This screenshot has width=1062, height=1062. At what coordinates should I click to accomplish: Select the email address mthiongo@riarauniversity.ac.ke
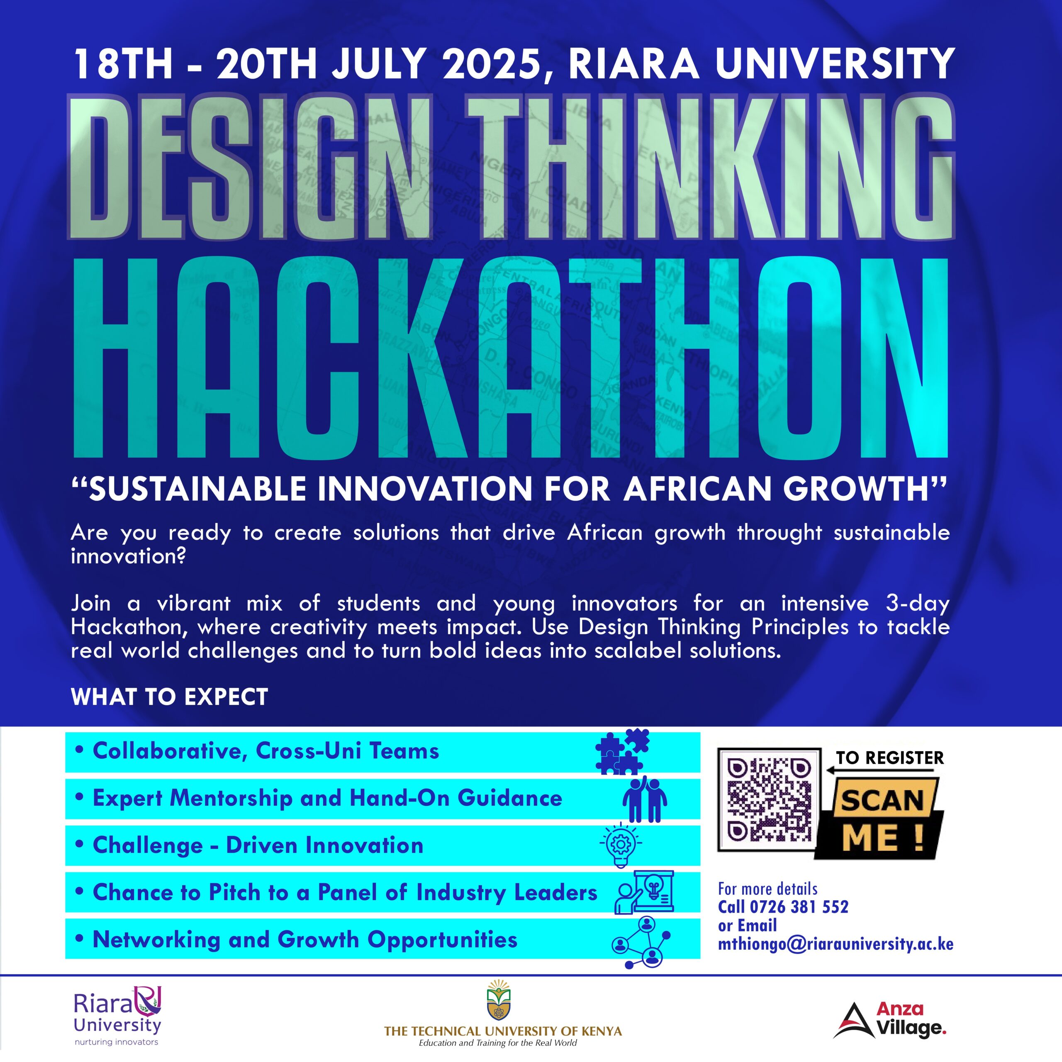point(835,944)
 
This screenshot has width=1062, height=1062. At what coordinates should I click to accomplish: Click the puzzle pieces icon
point(622,751)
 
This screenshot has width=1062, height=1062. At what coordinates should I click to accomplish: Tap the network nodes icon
point(641,942)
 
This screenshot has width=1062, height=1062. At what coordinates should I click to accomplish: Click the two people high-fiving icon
point(645,799)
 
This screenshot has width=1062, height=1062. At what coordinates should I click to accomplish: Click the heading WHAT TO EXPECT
point(169,697)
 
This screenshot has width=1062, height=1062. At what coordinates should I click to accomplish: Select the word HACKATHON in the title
point(511,358)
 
